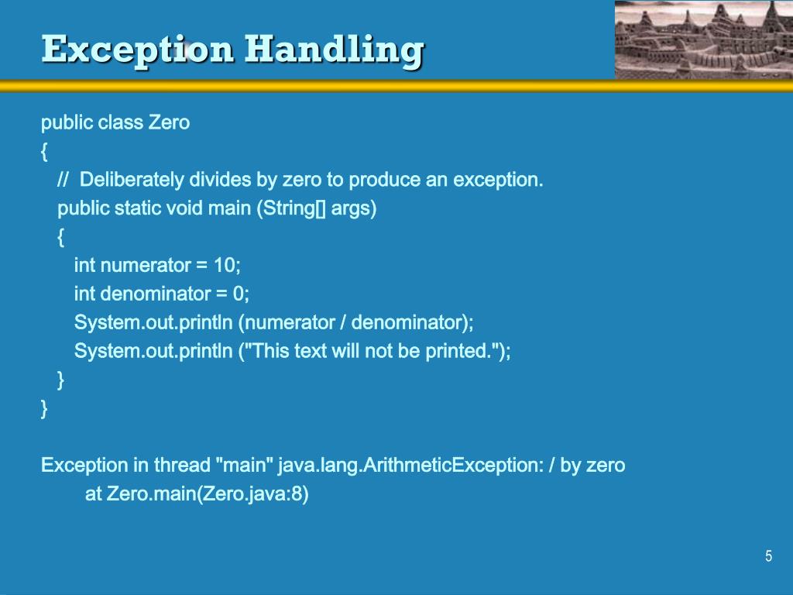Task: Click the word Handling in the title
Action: point(334,50)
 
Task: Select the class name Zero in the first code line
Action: point(169,122)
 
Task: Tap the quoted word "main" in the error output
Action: point(244,465)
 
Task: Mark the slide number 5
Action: point(768,555)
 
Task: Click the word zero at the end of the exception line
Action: point(606,465)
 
